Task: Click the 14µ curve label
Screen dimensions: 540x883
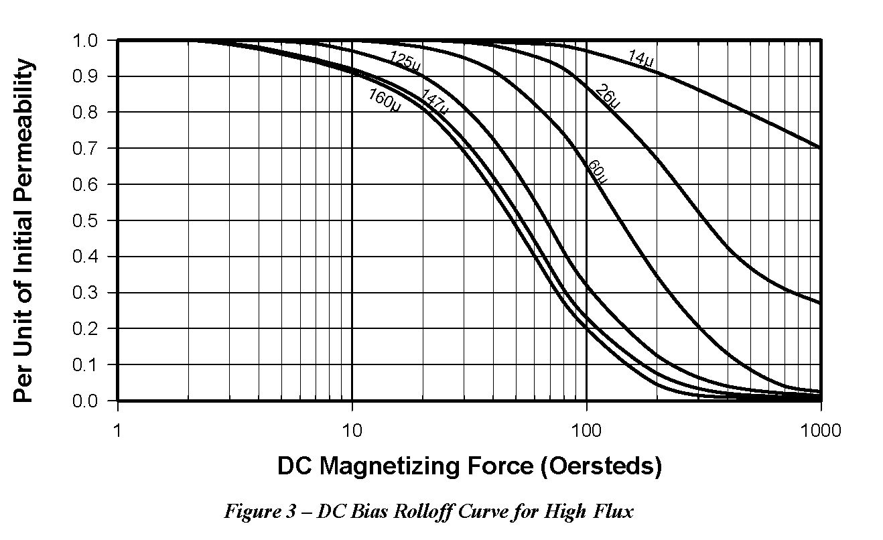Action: pyautogui.click(x=640, y=58)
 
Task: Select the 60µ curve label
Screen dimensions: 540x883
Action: pyautogui.click(x=597, y=172)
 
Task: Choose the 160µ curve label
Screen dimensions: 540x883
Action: pyautogui.click(x=384, y=100)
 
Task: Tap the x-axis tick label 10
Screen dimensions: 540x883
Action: pyautogui.click(x=352, y=429)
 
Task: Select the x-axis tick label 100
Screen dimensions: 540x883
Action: pyautogui.click(x=587, y=429)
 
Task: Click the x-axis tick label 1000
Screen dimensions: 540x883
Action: pyautogui.click(x=821, y=429)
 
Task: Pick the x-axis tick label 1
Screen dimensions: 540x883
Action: pyautogui.click(x=118, y=429)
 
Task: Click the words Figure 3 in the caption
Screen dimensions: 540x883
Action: pyautogui.click(x=258, y=513)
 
